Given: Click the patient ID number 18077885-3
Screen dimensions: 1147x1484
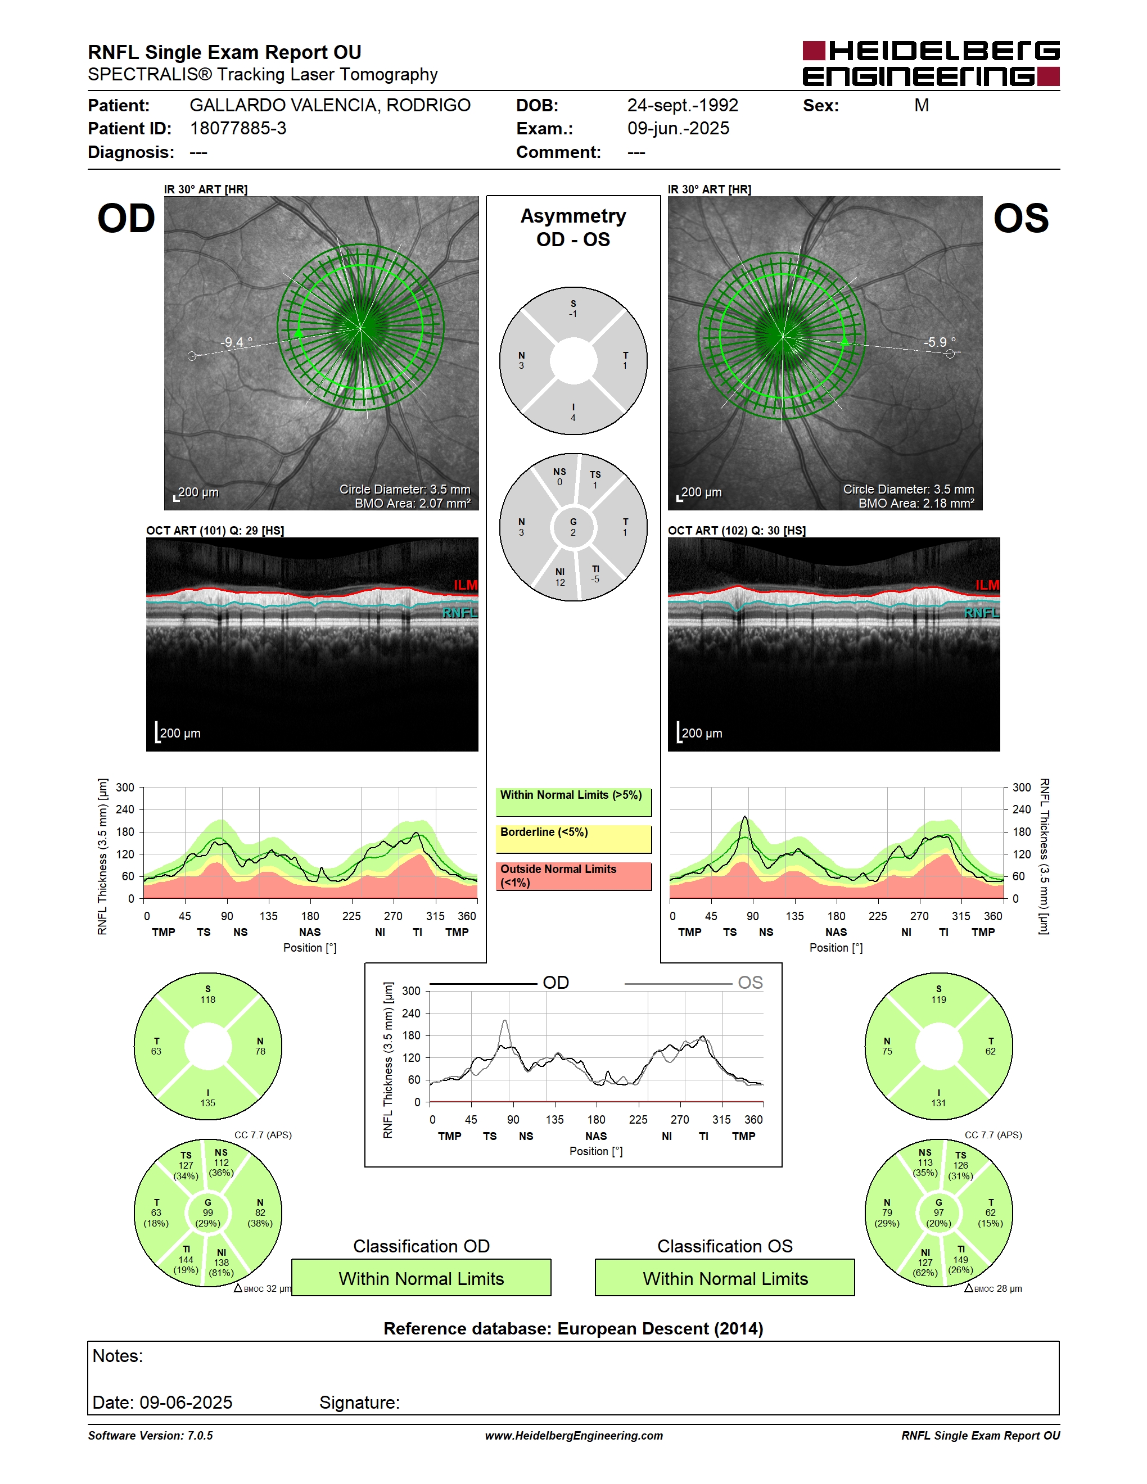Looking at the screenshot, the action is pos(238,128).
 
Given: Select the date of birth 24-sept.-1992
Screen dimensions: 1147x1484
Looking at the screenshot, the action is pos(682,105).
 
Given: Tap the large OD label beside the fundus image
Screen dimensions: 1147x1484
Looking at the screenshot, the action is pos(127,219).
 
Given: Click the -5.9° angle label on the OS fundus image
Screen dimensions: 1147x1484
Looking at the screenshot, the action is pos(939,342).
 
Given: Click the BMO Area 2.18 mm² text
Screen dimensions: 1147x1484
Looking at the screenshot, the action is pos(916,504).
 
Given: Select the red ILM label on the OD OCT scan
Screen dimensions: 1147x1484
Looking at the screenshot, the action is pos(466,585).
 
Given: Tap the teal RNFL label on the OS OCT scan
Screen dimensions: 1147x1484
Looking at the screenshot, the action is pos(981,613).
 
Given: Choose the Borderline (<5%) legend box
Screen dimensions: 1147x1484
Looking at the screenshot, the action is pos(573,839).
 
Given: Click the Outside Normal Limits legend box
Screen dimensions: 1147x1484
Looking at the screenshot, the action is pos(573,876).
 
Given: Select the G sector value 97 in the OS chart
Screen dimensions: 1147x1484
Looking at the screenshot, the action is pos(938,1212).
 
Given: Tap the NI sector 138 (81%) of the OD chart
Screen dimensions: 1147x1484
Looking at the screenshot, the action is pos(222,1263).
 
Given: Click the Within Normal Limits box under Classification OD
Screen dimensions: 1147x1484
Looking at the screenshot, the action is pos(421,1278).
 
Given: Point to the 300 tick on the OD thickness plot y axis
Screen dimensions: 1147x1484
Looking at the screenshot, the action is pos(125,788).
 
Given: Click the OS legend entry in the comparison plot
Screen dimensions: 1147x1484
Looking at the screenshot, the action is pos(750,983).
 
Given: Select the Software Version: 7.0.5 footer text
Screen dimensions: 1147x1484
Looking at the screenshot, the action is pos(150,1435).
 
